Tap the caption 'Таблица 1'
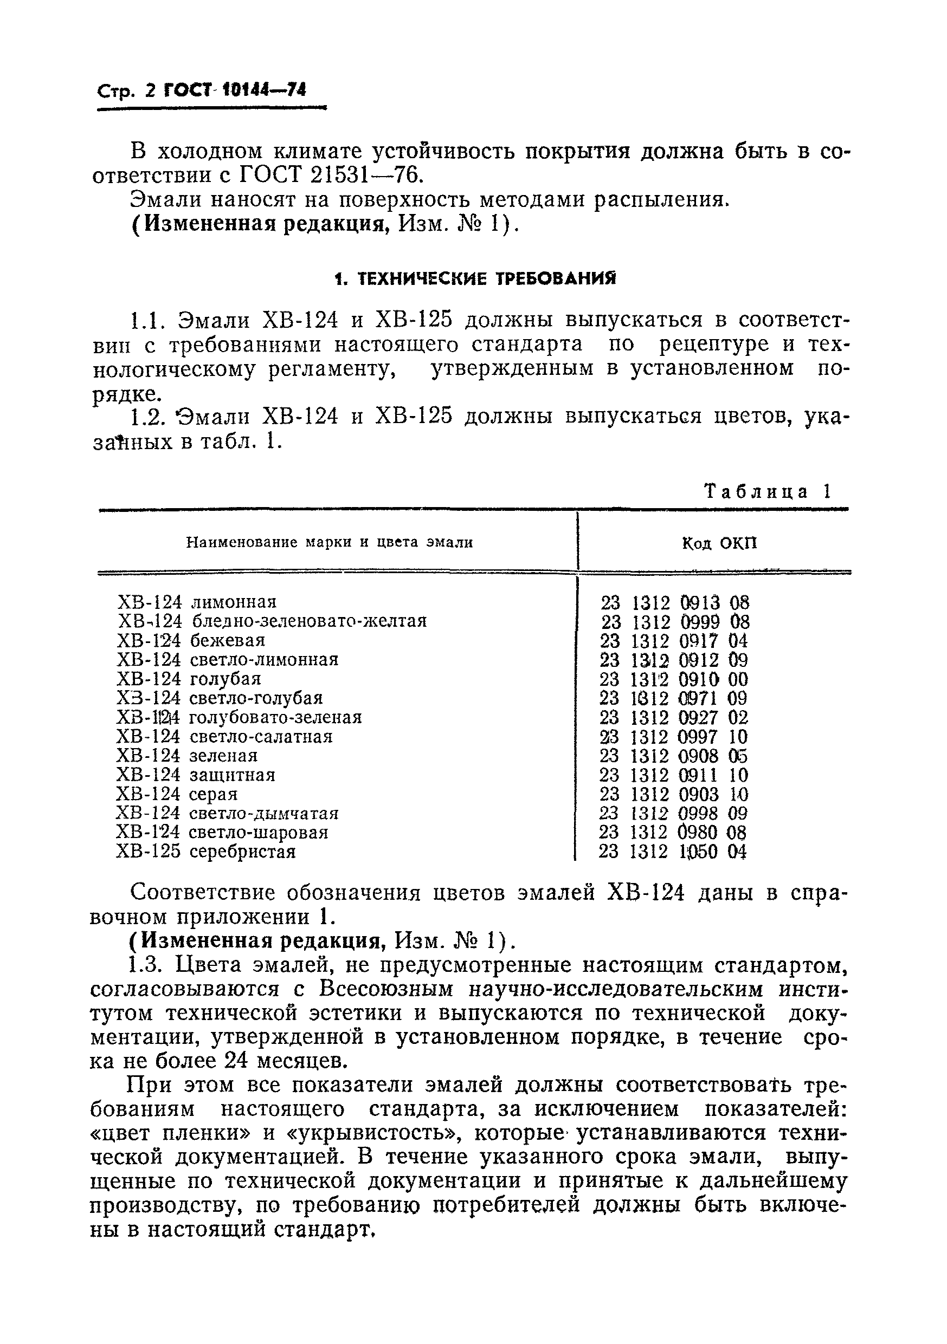[766, 491]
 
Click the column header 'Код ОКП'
[719, 544]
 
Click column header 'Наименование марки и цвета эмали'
[329, 543]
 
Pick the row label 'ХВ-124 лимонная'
[197, 602]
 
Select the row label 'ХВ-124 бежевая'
[191, 640]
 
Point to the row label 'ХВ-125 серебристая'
[206, 852]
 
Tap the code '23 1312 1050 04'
[673, 852]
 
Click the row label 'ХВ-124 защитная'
[196, 775]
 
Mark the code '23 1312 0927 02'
[673, 718]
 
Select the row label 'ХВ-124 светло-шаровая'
[222, 833]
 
